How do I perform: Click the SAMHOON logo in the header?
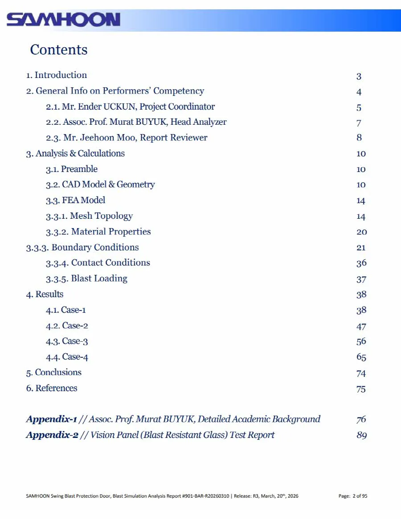63,20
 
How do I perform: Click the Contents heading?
59,49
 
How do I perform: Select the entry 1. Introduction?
57,75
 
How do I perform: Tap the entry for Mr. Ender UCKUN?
130,107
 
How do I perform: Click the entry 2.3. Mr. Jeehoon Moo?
127,138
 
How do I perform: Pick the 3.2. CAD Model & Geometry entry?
100,184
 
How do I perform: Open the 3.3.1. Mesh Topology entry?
89,216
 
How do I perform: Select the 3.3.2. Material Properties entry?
98,232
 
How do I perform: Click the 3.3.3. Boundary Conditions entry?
82,247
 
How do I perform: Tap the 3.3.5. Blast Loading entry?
86,278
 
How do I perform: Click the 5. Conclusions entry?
54,372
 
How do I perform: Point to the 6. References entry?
52,388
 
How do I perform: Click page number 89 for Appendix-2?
361,435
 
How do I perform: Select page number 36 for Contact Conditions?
361,263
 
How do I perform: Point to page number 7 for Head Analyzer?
359,123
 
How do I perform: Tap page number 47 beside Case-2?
361,326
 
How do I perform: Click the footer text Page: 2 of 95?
353,496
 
